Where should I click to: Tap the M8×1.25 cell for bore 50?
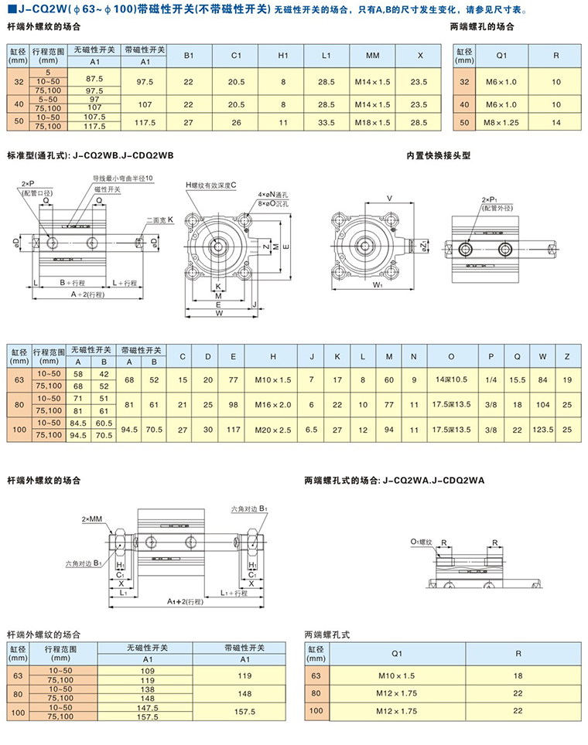click(x=501, y=122)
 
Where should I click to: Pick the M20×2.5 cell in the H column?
click(x=273, y=429)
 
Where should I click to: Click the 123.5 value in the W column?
click(x=545, y=429)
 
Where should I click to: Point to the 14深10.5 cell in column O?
click(x=451, y=379)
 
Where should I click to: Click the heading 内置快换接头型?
click(x=439, y=155)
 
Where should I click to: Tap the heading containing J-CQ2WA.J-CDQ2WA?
click(x=394, y=480)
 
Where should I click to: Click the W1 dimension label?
click(x=357, y=286)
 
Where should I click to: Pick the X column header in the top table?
click(x=419, y=56)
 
